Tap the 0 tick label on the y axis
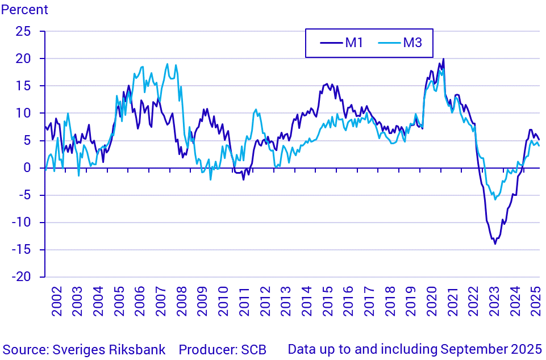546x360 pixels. coord(27,168)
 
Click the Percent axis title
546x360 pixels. coord(24,10)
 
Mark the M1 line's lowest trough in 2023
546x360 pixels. coord(495,244)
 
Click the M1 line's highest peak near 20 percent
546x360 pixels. coord(443,59)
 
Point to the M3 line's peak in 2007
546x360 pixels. coord(167,64)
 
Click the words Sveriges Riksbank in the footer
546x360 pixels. coord(109,349)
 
